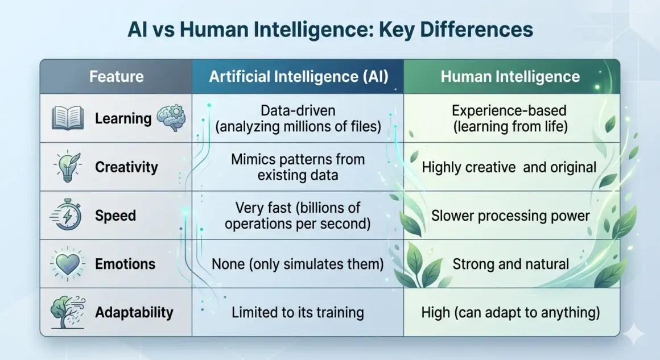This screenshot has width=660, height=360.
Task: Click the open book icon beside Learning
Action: coord(68,118)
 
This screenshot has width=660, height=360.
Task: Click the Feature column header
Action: coord(116,77)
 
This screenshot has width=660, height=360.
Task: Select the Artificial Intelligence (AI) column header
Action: coord(298,77)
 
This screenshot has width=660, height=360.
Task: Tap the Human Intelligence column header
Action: coord(510,77)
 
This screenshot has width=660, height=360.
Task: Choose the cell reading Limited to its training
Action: coord(298,312)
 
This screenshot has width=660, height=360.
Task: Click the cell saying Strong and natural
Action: coord(511,264)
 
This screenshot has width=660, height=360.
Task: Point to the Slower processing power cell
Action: coord(511,216)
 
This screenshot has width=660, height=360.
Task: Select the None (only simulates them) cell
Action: coord(298,264)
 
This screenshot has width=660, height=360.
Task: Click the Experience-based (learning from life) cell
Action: coord(511,118)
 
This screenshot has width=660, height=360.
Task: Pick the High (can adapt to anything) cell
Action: coord(511,312)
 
